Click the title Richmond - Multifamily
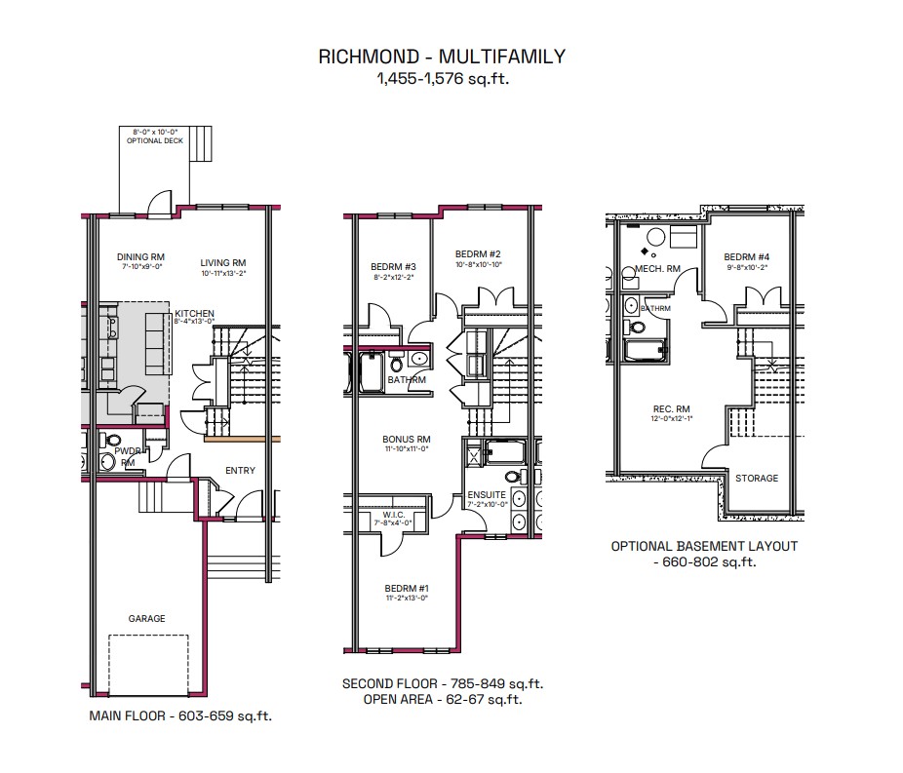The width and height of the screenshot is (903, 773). pyautogui.click(x=441, y=57)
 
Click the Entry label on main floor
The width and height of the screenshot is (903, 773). pyautogui.click(x=240, y=471)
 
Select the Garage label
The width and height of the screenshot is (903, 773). pyautogui.click(x=147, y=618)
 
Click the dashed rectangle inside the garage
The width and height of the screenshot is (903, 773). pyautogui.click(x=148, y=663)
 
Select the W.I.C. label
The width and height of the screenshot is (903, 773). pyautogui.click(x=394, y=515)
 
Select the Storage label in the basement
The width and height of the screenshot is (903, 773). pyautogui.click(x=757, y=479)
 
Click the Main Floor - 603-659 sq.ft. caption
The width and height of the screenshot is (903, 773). pyautogui.click(x=180, y=716)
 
